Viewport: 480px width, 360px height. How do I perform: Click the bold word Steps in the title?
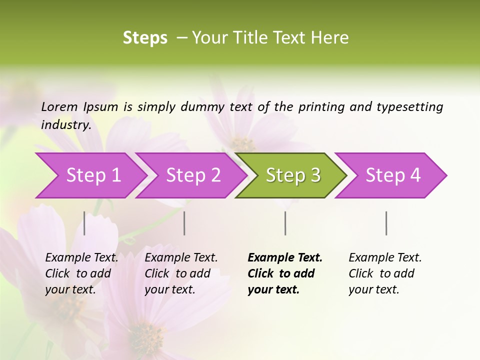pos(145,38)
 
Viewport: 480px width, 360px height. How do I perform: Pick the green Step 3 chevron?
pos(293,175)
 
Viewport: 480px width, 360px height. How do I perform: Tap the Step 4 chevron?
pos(393,175)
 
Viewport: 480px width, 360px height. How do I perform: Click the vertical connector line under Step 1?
pos(84,223)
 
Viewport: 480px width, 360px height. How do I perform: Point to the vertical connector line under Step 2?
pos(184,223)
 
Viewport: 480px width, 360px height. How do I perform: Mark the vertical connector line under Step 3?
pos(285,223)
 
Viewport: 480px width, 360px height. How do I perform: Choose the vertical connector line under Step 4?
pos(386,223)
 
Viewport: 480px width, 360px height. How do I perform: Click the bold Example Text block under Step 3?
pos(285,273)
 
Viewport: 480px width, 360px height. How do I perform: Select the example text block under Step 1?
pos(81,273)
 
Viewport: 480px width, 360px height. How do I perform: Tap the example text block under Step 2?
pos(181,273)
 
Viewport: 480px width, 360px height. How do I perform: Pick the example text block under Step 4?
pos(385,273)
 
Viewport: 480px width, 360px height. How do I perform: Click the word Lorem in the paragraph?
pos(59,106)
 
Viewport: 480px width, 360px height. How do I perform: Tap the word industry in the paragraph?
pos(65,124)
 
